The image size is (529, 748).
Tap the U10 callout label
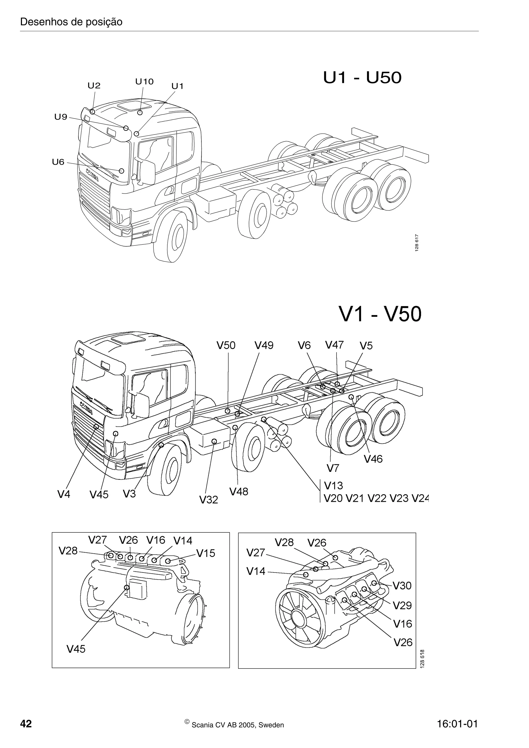tap(144, 82)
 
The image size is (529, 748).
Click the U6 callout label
tap(58, 162)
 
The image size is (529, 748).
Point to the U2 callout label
tap(94, 86)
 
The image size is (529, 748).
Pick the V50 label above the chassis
tap(226, 345)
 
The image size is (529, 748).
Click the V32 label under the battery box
tap(209, 499)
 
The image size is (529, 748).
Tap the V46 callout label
tap(373, 459)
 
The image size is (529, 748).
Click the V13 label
tap(333, 486)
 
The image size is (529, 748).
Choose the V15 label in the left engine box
tap(206, 553)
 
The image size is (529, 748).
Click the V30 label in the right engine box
tap(402, 586)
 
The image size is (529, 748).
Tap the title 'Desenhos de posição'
tap(71, 22)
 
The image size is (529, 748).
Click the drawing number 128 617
tap(417, 243)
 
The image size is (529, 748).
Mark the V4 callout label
tap(64, 495)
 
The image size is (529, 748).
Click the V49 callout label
tap(264, 345)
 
